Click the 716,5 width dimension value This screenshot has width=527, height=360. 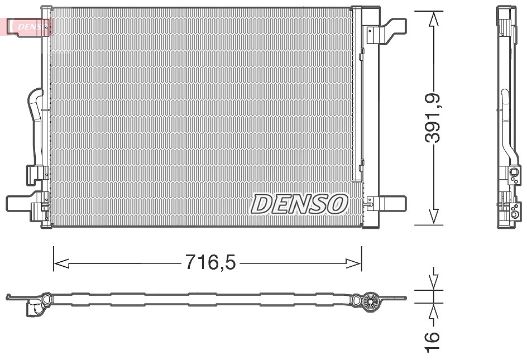(210, 262)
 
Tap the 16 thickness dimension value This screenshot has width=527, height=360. (433, 342)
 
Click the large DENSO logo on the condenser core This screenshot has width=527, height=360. (299, 204)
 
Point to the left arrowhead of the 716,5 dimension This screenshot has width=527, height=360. (61, 264)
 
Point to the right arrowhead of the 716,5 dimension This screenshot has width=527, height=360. (353, 264)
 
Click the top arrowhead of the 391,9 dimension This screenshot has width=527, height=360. (434, 19)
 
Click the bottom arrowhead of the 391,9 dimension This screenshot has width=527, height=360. (434, 216)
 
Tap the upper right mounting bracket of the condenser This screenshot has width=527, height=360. (386, 31)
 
